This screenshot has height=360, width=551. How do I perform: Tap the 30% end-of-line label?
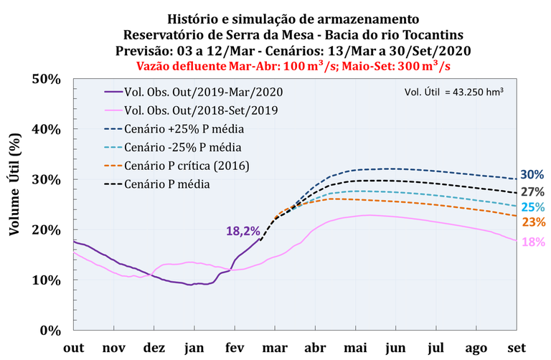(531, 174)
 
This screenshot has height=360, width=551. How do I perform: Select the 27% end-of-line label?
(531, 191)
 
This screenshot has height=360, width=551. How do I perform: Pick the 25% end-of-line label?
(531, 207)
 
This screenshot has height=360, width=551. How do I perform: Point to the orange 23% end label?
(531, 222)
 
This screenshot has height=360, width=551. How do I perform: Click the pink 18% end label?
(531, 242)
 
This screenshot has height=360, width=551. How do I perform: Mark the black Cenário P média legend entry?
(168, 184)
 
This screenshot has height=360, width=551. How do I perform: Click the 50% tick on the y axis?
(47, 78)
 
